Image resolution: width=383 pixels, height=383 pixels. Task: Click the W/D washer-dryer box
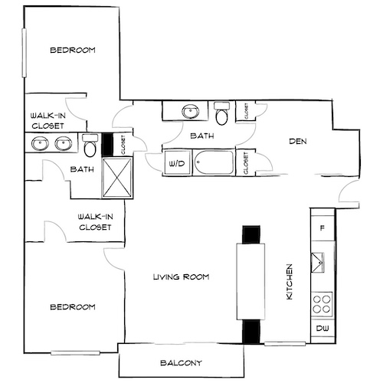click(x=175, y=163)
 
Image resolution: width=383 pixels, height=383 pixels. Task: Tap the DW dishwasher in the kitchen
click(x=322, y=330)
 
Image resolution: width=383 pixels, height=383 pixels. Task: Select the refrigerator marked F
click(x=322, y=228)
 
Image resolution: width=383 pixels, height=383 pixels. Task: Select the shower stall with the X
click(x=118, y=175)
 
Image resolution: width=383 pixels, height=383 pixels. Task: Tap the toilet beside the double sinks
click(x=90, y=143)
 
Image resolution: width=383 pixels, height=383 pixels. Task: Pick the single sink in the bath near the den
click(x=189, y=113)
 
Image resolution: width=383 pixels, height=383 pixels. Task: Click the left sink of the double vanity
click(x=40, y=143)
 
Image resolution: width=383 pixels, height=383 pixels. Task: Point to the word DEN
click(x=298, y=141)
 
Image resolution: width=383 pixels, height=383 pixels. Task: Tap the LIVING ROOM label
click(x=181, y=277)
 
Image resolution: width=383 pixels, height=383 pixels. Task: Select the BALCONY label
click(x=181, y=362)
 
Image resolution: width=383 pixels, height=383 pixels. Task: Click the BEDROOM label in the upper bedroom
click(x=72, y=51)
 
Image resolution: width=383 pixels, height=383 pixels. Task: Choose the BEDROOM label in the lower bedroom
click(x=72, y=307)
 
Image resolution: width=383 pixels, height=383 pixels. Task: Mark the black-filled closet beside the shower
click(x=107, y=143)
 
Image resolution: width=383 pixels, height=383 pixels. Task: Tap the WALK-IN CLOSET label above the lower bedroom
click(x=95, y=222)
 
